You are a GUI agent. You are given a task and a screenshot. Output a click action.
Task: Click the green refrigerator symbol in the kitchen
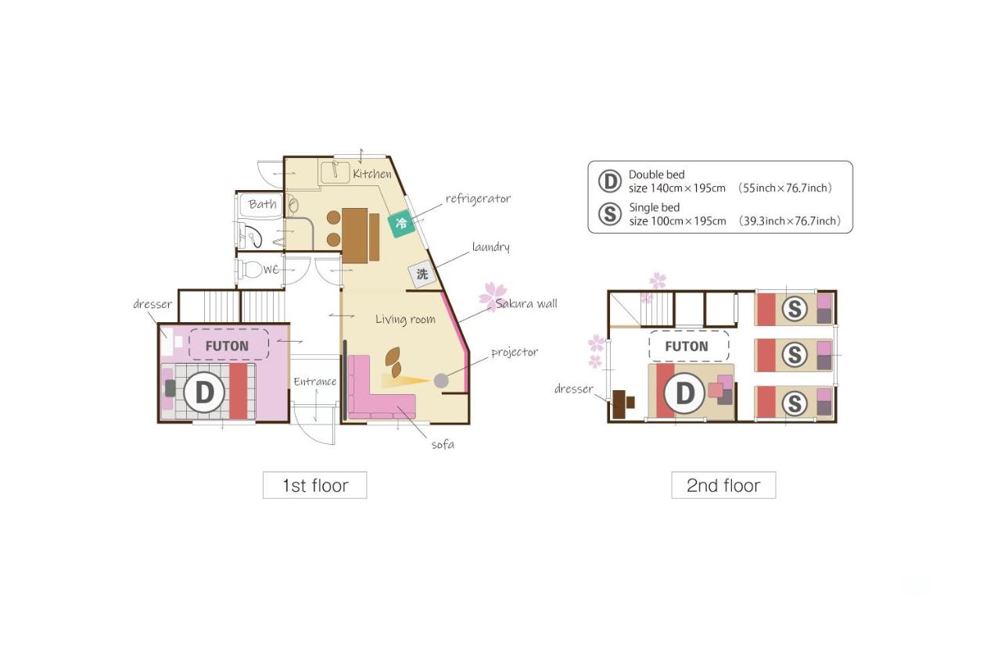click(401, 224)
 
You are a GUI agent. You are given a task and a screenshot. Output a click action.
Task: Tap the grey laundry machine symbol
click(422, 274)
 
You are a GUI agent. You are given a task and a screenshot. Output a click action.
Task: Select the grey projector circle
click(441, 381)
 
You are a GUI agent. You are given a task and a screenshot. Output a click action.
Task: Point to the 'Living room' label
click(405, 319)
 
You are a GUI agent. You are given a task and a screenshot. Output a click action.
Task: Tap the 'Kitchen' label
click(371, 174)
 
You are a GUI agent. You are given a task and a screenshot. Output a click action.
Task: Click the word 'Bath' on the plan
click(263, 205)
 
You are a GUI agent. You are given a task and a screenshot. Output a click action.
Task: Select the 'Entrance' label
click(314, 382)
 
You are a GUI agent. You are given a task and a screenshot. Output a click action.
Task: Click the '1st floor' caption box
click(314, 486)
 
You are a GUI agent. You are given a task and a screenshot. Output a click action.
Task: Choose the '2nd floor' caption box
click(723, 486)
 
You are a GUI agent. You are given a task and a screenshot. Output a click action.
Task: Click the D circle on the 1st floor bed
click(204, 390)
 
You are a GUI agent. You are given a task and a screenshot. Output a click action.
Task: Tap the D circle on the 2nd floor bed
click(684, 393)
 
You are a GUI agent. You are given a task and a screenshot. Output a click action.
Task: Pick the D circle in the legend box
click(609, 181)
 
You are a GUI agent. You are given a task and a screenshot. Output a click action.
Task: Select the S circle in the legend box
click(609, 214)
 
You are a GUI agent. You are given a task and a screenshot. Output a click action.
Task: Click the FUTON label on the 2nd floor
click(687, 346)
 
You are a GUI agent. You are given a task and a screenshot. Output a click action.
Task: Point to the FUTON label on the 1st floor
click(227, 346)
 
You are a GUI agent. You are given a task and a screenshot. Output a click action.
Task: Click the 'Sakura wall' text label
click(526, 303)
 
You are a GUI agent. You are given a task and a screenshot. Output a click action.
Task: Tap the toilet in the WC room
click(253, 270)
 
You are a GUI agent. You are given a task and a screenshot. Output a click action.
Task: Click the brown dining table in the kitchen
click(356, 235)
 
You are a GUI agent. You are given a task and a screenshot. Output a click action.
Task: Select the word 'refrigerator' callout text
click(478, 199)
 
